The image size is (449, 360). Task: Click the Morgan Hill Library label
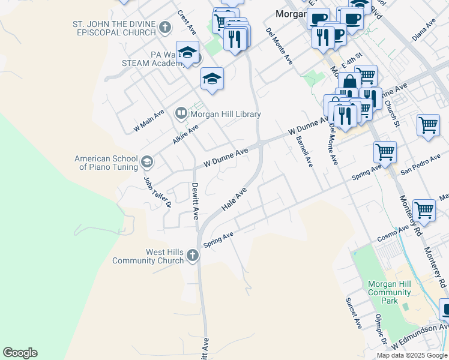(226, 114)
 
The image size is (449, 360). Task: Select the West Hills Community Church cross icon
(193, 256)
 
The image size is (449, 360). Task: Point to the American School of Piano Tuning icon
(147, 162)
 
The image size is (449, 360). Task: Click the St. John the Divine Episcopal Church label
(113, 28)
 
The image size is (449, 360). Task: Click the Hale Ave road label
(234, 199)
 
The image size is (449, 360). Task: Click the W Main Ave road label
(149, 120)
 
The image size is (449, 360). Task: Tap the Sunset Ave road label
(354, 313)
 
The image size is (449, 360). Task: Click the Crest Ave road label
(187, 21)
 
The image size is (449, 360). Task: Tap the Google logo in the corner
(20, 353)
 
